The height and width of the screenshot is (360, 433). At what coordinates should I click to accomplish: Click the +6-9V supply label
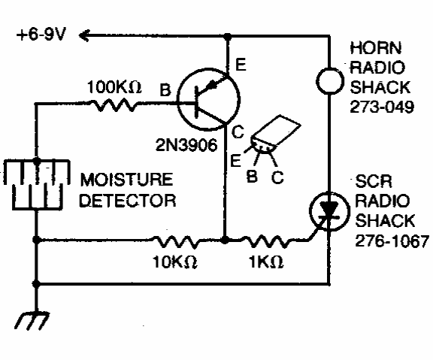(41, 35)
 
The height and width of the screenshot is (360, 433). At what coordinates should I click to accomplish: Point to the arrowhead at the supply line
(83, 35)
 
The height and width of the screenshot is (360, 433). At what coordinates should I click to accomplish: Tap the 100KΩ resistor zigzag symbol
(114, 104)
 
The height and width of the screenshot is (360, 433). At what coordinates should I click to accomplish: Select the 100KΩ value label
(114, 87)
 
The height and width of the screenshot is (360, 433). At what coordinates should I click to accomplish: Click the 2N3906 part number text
(186, 144)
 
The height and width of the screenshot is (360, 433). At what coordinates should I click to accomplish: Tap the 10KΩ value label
(174, 262)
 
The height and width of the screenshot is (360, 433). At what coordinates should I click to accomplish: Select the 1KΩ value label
(266, 262)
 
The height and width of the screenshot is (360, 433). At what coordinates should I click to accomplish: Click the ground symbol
(32, 321)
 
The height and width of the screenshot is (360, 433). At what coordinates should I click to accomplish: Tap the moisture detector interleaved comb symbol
(36, 184)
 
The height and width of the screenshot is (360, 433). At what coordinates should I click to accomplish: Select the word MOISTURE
(126, 180)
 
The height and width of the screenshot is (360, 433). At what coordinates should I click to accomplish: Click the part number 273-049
(382, 107)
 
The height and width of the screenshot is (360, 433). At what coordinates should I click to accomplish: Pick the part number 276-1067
(392, 241)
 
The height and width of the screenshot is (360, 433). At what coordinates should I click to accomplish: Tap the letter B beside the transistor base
(165, 90)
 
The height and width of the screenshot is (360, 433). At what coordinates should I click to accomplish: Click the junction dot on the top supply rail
(227, 36)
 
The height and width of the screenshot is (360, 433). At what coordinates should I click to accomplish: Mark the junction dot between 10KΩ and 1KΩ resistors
(226, 240)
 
